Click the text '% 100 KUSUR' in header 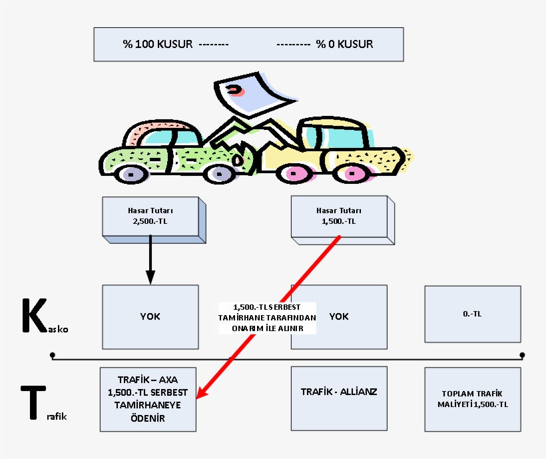(158, 45)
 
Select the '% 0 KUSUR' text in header (344, 45)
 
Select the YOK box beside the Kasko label (150, 316)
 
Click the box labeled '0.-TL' (472, 313)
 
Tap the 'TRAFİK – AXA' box (148, 398)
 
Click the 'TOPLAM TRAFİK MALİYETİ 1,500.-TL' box (472, 398)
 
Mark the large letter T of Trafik (32, 402)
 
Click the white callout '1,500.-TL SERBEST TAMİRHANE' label (267, 317)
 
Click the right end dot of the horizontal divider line (522, 355)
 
